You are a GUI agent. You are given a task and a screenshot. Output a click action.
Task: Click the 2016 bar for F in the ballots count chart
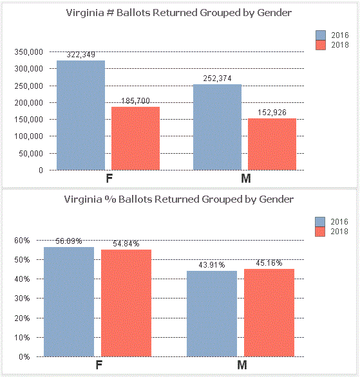(81, 115)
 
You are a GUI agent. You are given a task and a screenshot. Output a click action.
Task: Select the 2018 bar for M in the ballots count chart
(272, 144)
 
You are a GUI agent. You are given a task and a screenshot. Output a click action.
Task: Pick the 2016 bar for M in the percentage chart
(212, 314)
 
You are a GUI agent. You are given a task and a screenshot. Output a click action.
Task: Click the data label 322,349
(81, 55)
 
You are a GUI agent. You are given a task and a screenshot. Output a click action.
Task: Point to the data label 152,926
(272, 113)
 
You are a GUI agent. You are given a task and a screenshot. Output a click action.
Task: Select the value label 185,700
(135, 101)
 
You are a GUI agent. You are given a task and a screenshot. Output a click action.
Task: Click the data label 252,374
(217, 78)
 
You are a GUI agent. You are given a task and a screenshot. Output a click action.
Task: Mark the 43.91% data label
(212, 265)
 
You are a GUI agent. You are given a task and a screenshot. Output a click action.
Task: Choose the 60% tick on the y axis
(22, 240)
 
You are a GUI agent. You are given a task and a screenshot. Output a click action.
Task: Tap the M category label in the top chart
(245, 178)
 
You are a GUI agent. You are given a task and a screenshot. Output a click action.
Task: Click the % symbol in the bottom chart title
(108, 199)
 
